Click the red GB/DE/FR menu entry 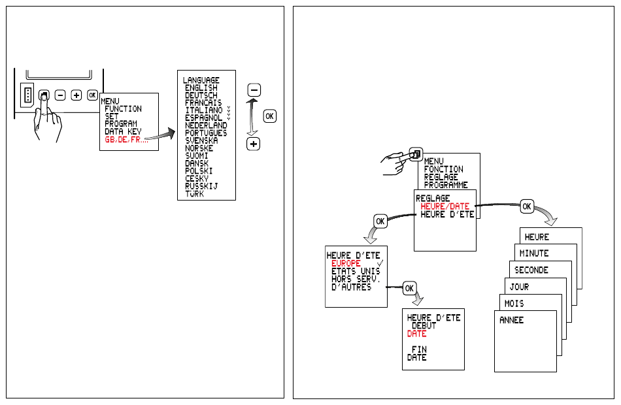coord(126,140)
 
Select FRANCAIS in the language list coord(203,103)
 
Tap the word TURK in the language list coord(194,193)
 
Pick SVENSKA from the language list coord(201,140)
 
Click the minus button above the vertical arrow coord(254,90)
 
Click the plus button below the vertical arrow coord(254,144)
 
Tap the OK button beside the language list coord(270,116)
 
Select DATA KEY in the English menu coord(123,131)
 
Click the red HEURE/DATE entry coord(445,206)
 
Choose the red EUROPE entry coord(346,263)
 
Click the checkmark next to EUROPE coord(380,263)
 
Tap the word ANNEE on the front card coord(511,320)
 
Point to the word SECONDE coord(531,270)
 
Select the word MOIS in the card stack coord(514,304)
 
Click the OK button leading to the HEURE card coord(527,206)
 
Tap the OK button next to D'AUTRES coord(409,288)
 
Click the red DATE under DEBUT coord(416,334)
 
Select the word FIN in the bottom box coord(419,349)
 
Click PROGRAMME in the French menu coord(446,185)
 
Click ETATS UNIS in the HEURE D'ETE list coord(356,271)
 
